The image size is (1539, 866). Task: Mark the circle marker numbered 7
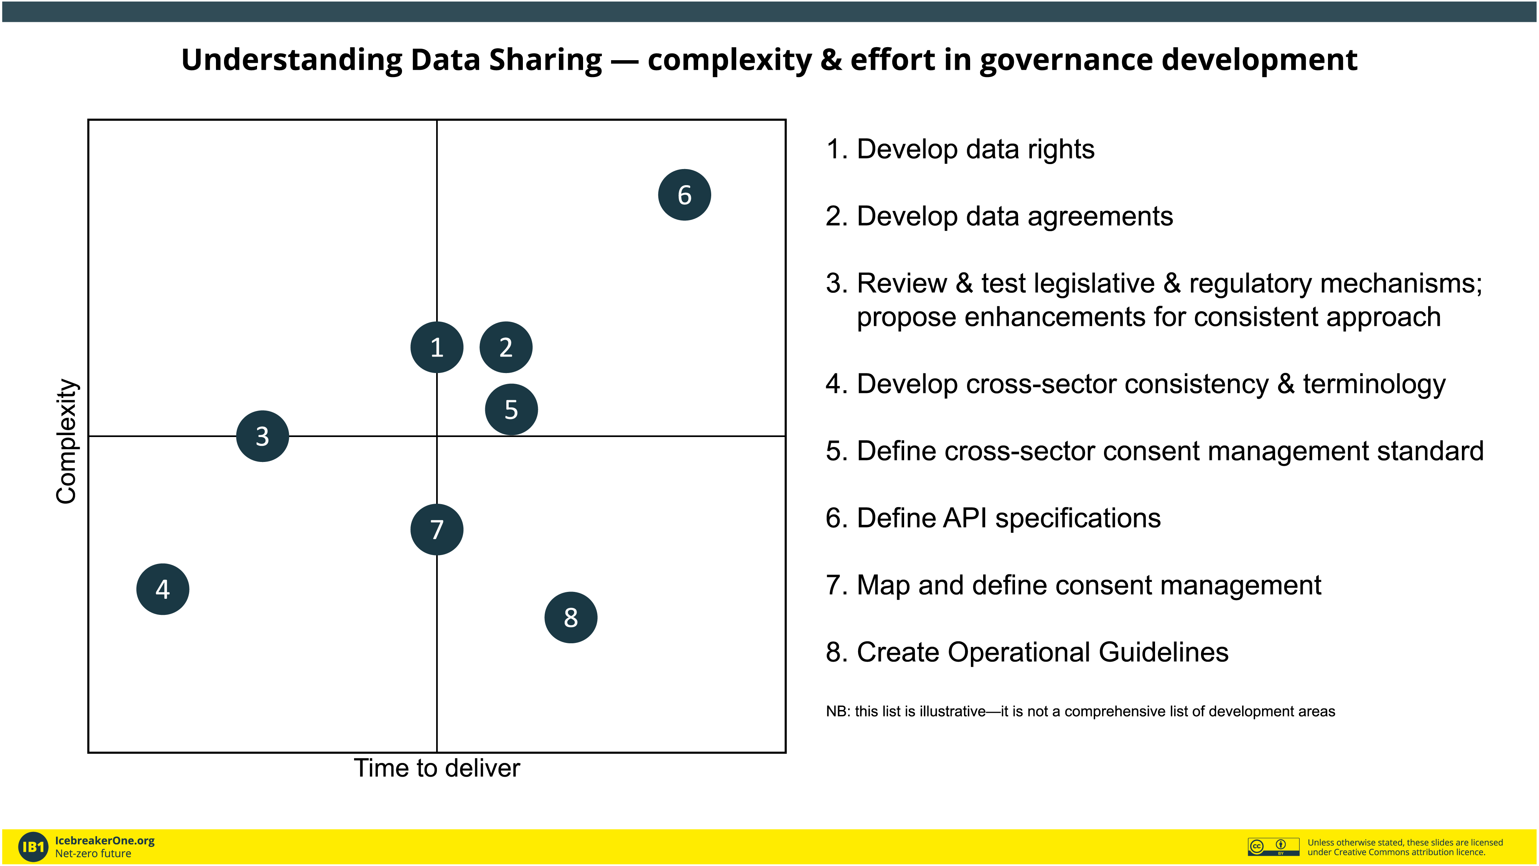[x=437, y=529]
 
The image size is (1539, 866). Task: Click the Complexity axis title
[x=66, y=441]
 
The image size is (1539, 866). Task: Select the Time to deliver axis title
[x=437, y=768]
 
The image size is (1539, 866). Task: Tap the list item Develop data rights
[x=960, y=149]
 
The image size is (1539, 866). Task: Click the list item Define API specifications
[x=993, y=518]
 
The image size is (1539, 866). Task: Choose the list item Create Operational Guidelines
[x=1027, y=652]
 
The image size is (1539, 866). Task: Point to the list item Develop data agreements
[x=999, y=216]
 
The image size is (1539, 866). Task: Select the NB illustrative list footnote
[x=1080, y=711]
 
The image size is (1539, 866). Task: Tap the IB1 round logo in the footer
[x=33, y=847]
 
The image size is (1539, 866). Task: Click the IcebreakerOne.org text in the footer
[x=105, y=840]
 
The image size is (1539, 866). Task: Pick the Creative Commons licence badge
[x=1273, y=846]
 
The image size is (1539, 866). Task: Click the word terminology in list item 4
[x=1374, y=384]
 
